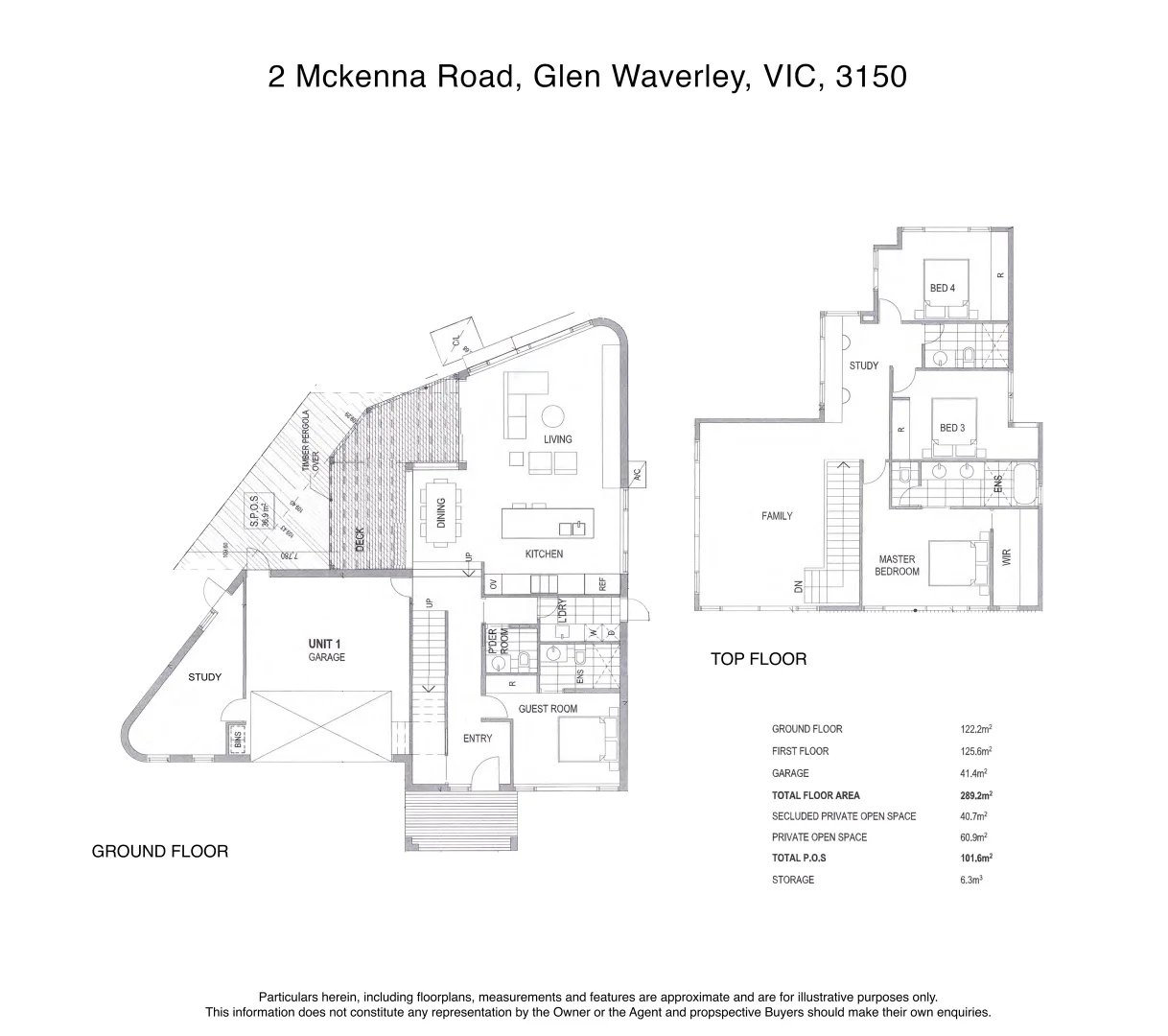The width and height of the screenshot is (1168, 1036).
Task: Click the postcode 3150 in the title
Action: click(x=871, y=77)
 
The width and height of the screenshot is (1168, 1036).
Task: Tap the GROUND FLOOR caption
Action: click(x=159, y=851)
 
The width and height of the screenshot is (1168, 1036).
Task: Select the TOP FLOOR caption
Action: click(x=758, y=659)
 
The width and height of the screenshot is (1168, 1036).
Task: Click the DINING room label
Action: click(x=441, y=513)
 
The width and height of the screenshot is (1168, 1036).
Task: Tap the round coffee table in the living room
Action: click(x=553, y=415)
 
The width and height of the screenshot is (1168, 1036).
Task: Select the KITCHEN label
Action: click(x=544, y=554)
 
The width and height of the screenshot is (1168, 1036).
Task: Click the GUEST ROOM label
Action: click(x=548, y=709)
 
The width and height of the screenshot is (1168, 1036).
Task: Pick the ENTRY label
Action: click(x=477, y=738)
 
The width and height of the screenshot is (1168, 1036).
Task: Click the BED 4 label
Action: click(x=942, y=288)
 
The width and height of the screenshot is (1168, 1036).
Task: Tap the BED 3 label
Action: click(x=951, y=428)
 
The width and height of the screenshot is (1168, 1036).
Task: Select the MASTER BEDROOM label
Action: click(x=897, y=565)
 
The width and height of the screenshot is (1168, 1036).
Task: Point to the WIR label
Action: click(x=1006, y=557)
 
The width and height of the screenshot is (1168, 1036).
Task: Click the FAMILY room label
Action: click(x=777, y=516)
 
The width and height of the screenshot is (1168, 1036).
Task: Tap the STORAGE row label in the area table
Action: click(x=792, y=880)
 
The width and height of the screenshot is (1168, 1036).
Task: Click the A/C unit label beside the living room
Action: click(x=636, y=473)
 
